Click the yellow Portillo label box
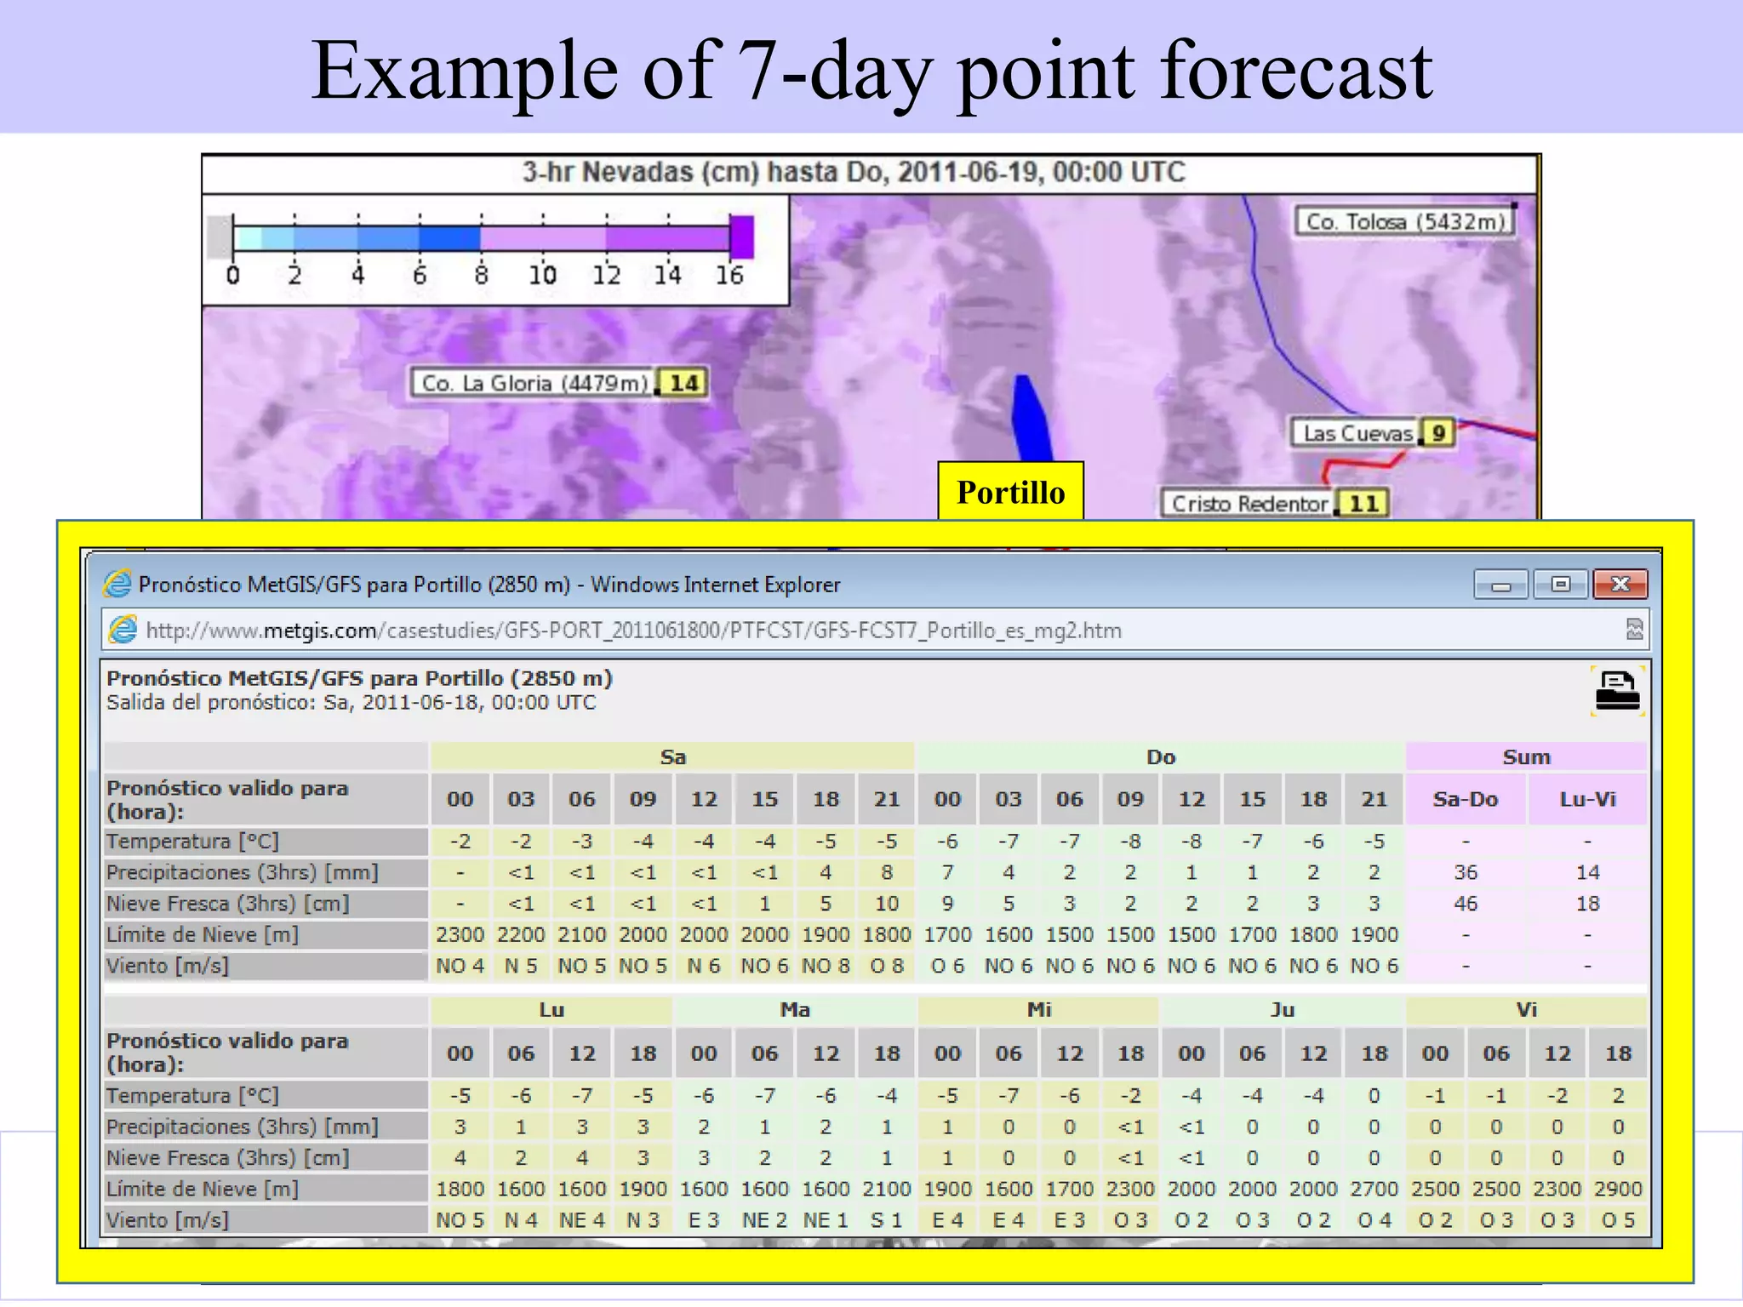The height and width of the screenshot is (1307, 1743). (1010, 492)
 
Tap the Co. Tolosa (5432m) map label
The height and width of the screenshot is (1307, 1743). (1405, 222)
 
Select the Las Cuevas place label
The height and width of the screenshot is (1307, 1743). (1357, 433)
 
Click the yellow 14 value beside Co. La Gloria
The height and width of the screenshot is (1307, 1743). (683, 383)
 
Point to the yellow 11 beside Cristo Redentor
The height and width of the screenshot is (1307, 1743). (1363, 504)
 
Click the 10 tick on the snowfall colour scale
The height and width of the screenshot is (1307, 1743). (543, 275)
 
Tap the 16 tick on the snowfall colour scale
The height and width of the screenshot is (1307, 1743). (729, 275)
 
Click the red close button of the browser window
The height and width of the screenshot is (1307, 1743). (1620, 585)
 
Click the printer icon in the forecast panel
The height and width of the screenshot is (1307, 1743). (1617, 691)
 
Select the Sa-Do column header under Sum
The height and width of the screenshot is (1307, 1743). (1465, 799)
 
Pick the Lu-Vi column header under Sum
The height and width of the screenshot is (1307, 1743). (1587, 799)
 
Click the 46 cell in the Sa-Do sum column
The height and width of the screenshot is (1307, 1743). (1465, 904)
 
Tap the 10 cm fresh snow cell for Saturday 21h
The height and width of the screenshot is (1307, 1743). (887, 904)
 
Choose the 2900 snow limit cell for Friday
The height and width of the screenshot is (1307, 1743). (1618, 1189)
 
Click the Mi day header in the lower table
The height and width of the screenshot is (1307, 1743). (1038, 1010)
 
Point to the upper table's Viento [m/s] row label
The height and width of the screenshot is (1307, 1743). (168, 966)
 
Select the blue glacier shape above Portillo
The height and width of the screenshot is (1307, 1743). (1030, 417)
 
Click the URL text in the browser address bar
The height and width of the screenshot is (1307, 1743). (633, 631)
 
